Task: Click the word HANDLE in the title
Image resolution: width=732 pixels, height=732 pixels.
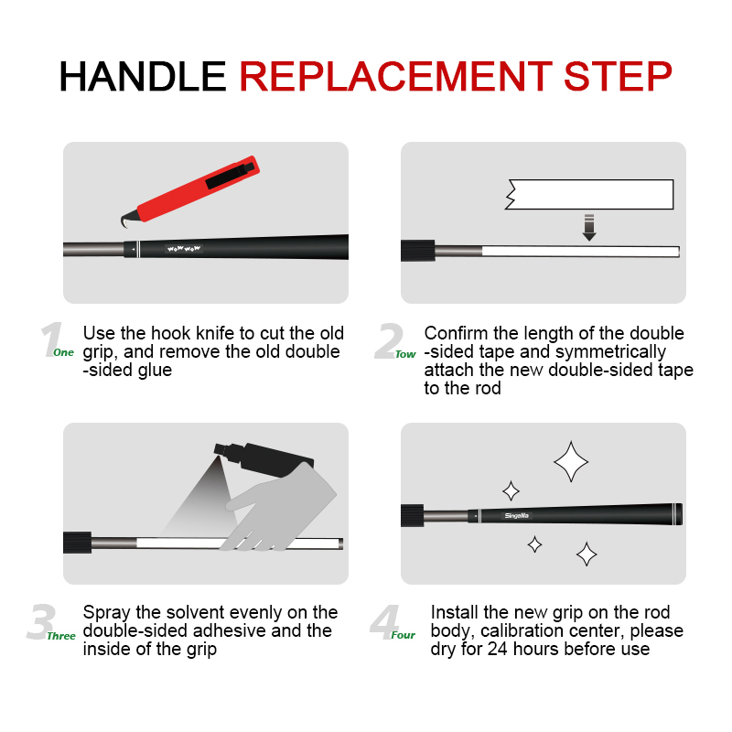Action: [x=143, y=76]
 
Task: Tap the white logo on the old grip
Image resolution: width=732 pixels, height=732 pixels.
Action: [x=183, y=249]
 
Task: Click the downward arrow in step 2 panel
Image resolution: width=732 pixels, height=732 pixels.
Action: [x=589, y=227]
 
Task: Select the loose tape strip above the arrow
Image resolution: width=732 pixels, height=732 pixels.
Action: [x=590, y=194]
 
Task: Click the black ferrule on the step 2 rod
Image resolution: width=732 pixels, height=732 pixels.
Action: [x=417, y=250]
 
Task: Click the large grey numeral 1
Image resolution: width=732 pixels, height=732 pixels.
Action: [x=50, y=340]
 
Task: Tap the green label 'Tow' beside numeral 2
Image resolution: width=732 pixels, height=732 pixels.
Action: [x=405, y=354]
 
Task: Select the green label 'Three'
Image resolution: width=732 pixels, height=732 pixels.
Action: [x=62, y=635]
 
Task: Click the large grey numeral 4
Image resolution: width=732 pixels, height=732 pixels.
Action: [x=382, y=623]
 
